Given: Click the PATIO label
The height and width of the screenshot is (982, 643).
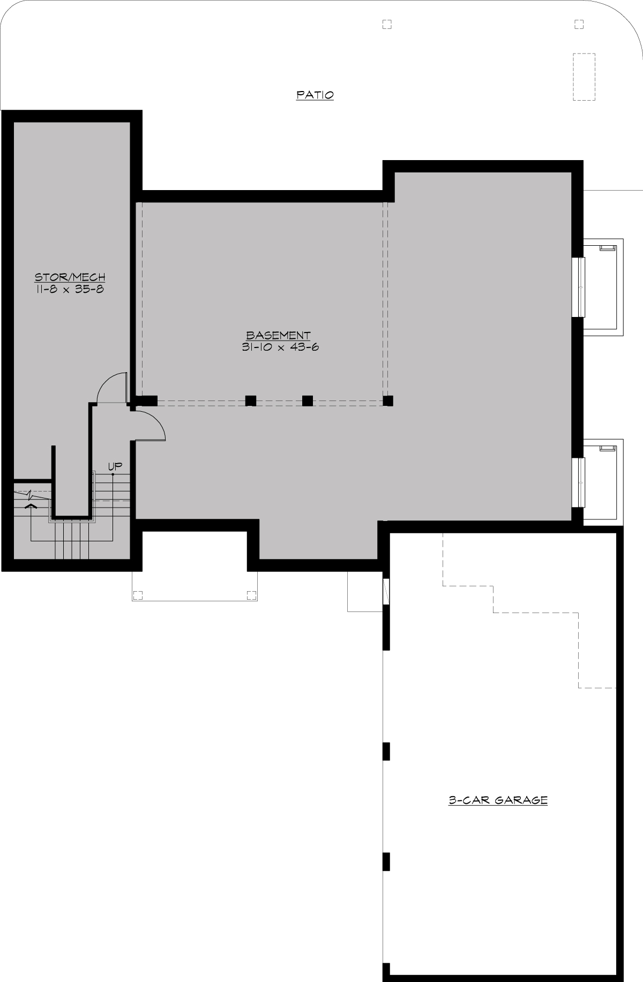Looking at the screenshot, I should [315, 95].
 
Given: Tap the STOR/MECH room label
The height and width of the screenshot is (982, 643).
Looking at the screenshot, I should [70, 277].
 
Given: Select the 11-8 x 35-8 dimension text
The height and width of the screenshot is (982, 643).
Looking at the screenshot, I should [70, 289].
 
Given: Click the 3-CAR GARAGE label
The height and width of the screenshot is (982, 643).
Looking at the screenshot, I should [498, 800].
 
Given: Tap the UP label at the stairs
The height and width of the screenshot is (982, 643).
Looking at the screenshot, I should [115, 466].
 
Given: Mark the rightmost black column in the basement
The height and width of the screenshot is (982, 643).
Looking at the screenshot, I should [388, 401].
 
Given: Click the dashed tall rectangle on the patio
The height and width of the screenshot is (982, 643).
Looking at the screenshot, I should [585, 77].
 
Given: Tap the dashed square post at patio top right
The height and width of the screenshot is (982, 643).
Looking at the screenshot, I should [579, 24].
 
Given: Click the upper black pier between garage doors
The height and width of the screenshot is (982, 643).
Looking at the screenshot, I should [386, 751].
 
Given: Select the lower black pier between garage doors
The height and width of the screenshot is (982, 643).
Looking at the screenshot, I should [386, 862].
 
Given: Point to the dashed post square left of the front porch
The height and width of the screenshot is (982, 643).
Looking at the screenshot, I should [138, 595].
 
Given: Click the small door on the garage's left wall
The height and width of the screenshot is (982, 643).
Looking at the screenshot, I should [386, 592].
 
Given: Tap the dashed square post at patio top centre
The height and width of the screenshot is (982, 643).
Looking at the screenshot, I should [387, 24].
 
